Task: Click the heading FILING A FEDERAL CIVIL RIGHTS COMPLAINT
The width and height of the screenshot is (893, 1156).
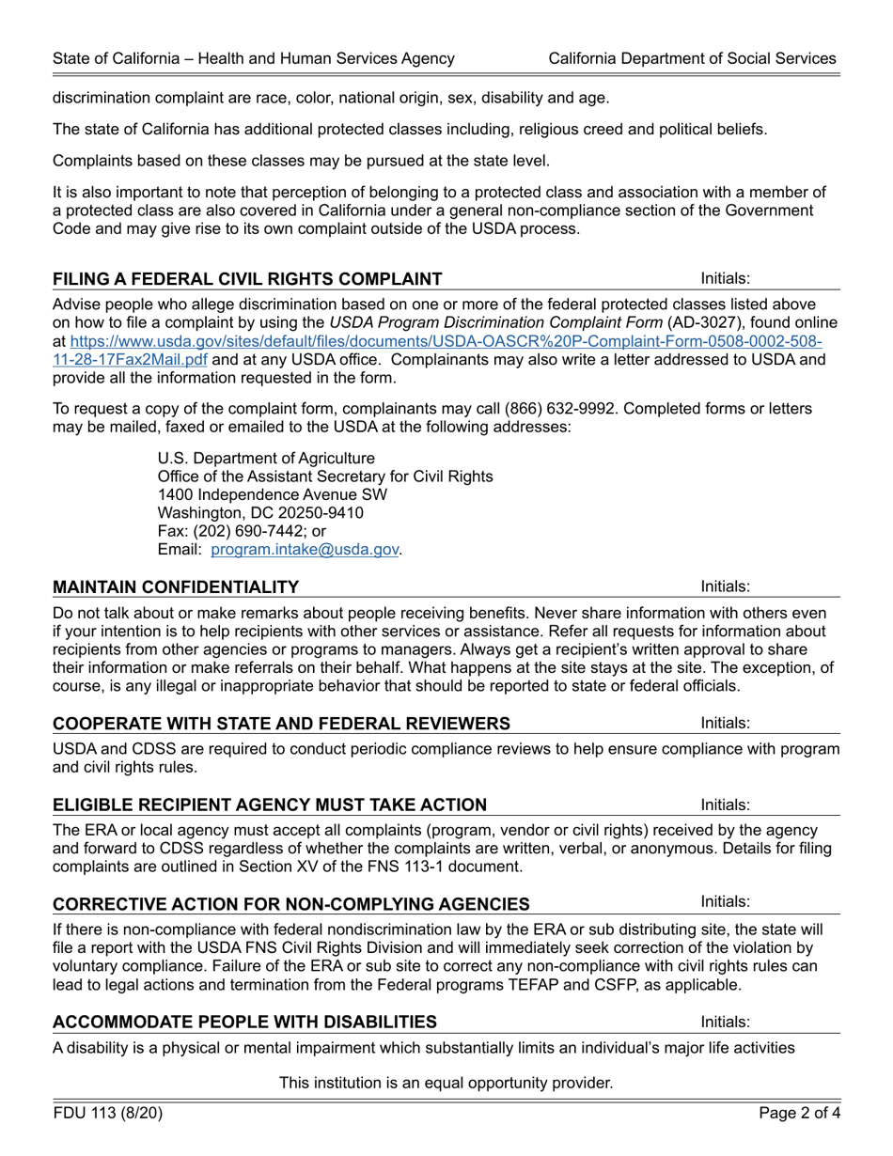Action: coord(247,279)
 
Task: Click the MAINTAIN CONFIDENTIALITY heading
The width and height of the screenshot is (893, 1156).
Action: coord(176,587)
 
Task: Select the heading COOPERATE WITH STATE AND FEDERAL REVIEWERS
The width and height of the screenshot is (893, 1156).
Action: coord(282,723)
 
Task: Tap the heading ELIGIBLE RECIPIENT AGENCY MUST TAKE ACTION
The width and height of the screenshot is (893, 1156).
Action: coord(270,805)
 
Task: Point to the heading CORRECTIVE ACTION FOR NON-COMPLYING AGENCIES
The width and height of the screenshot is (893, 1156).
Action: coord(290,904)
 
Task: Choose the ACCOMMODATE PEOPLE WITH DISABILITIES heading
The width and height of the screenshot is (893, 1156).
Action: coord(244,1022)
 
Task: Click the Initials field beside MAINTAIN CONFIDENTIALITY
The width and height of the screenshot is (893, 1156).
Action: coord(794,586)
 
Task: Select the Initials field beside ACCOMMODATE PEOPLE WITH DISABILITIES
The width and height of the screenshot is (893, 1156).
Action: coord(794,1022)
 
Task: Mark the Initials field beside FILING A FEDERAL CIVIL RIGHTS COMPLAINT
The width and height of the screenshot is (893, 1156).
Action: coord(794,278)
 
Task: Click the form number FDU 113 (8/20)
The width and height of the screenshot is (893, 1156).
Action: coord(108,1114)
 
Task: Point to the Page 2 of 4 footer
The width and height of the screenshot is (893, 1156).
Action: coord(799,1114)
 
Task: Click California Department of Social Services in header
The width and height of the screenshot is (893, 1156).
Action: coord(693,58)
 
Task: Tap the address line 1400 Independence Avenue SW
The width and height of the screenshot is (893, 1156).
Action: coord(272,494)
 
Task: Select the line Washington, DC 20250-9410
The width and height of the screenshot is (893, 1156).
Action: coord(260,513)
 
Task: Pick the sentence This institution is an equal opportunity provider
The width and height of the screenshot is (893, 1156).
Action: coord(446,1083)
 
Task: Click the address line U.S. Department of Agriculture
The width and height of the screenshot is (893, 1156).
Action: coord(266,458)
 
